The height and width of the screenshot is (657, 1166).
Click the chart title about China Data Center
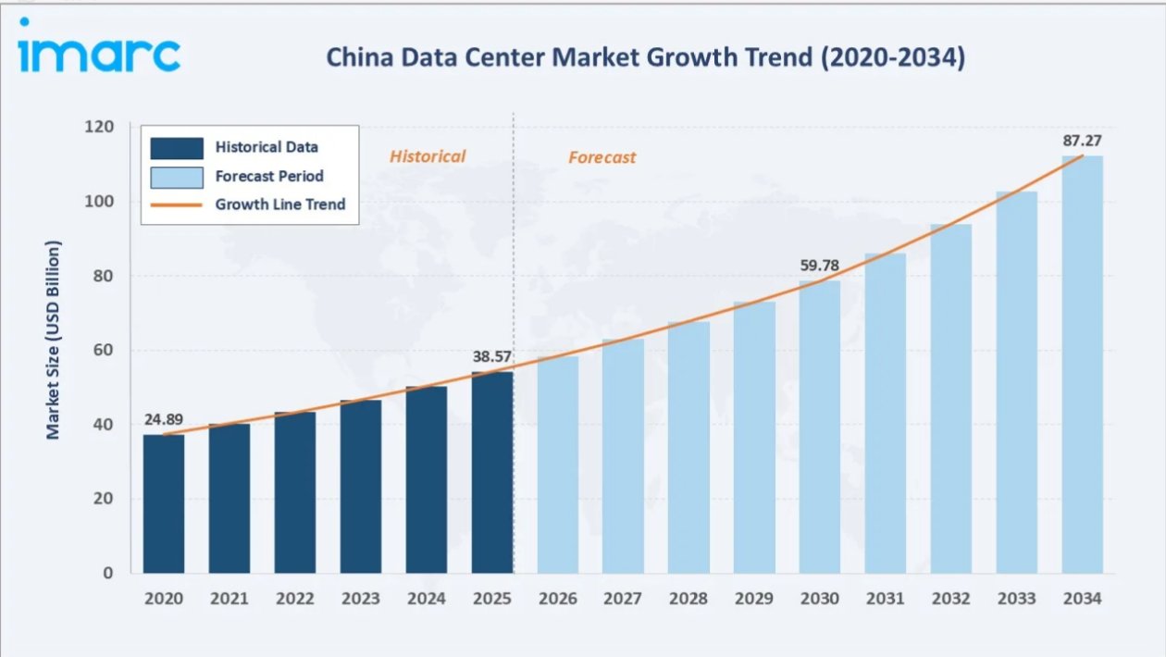pos(646,57)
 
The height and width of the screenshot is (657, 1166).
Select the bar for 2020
pos(164,504)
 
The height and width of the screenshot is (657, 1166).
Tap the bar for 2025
pos(492,473)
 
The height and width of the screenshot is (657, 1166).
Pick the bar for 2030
pos(820,427)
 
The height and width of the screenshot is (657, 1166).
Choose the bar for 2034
pos(1083,365)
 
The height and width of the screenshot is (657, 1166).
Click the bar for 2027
pos(623,456)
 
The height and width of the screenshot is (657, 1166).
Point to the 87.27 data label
pos(1082,141)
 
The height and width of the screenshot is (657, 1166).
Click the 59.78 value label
pos(820,266)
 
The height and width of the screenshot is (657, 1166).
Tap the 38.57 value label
pos(492,356)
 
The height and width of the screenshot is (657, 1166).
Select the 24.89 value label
pos(164,419)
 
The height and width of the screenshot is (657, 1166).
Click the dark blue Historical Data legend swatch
pos(177,148)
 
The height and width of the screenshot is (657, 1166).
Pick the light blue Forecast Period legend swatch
pos(177,178)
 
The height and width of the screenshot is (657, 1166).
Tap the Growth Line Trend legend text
pos(280,205)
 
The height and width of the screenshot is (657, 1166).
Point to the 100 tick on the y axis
pos(99,202)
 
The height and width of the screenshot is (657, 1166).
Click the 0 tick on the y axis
pos(107,573)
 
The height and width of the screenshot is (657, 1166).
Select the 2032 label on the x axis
pos(951,599)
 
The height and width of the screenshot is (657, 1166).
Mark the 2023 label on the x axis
pos(361,599)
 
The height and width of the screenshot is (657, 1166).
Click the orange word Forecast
pos(602,157)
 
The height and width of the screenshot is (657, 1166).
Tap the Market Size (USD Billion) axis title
pos(53,340)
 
